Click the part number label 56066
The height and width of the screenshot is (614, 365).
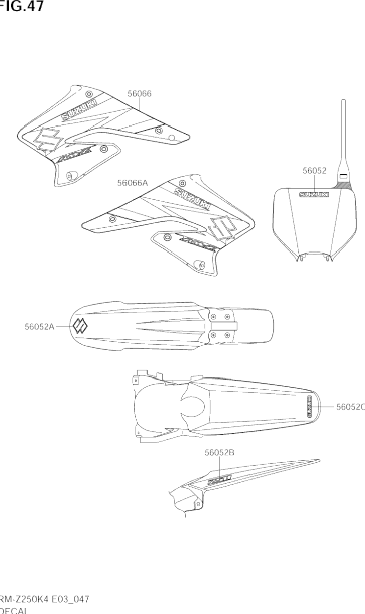click(x=140, y=94)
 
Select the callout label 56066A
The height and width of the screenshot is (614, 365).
click(x=132, y=183)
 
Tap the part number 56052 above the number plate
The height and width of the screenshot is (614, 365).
click(x=315, y=171)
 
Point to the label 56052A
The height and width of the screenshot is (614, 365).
click(x=40, y=327)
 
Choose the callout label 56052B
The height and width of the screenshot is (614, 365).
click(x=219, y=453)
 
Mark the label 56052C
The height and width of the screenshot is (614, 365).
click(x=350, y=406)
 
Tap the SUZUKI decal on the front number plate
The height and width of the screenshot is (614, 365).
click(x=314, y=194)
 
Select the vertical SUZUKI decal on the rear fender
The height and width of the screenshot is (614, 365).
click(x=310, y=406)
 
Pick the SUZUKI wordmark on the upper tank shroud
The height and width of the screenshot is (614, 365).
click(x=79, y=110)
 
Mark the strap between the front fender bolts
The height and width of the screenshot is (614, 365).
click(x=230, y=326)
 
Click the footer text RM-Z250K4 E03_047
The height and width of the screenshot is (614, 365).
click(x=44, y=600)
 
